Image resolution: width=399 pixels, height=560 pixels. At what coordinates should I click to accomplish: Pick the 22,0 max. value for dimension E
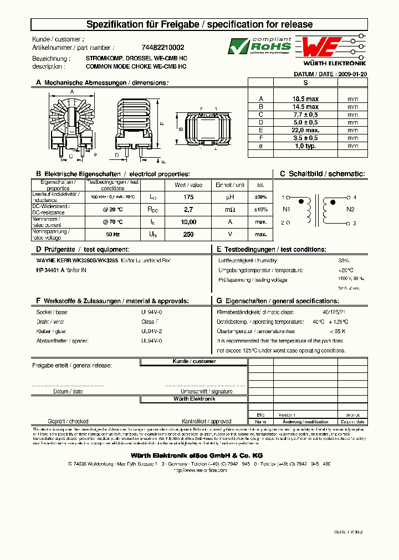[305, 130]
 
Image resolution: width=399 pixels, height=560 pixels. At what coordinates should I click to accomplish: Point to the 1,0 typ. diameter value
[305, 146]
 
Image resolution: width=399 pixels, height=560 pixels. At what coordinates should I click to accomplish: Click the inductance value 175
[188, 197]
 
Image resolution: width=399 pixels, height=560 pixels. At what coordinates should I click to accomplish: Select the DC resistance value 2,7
[188, 210]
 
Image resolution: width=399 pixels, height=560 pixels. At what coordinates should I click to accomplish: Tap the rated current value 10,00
[188, 222]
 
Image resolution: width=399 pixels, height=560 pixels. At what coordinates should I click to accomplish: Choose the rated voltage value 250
[188, 234]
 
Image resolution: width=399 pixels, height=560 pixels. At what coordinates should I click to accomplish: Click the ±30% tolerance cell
[260, 197]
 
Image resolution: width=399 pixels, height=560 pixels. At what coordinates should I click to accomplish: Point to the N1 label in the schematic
[287, 210]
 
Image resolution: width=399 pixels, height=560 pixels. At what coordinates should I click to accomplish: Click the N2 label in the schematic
[350, 210]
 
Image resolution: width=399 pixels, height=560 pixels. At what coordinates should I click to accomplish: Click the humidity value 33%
[344, 260]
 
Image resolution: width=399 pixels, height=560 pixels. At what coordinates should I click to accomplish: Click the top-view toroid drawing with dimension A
[72, 122]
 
